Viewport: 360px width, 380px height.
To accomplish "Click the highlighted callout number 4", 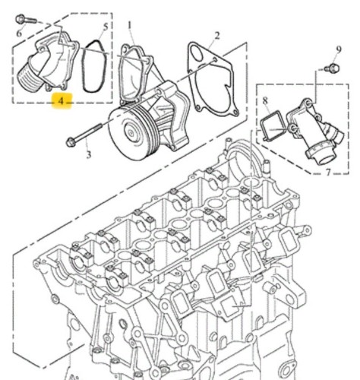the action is coord(61,101).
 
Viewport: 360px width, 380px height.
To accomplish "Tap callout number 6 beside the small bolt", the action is coord(20,33).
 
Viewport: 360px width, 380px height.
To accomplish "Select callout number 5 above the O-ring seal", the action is coord(106,27).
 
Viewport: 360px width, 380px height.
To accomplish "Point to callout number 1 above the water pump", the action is coord(130,26).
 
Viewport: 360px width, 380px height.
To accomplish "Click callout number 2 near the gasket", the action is coord(217,36).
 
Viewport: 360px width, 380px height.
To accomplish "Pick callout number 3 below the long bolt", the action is coord(88,154).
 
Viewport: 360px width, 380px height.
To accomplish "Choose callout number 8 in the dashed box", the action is coord(265,101).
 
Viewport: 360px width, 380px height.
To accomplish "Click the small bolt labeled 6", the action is coord(26,20).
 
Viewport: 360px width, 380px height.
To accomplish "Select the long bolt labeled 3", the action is coord(84,134).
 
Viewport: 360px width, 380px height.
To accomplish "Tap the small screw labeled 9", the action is coord(332,68).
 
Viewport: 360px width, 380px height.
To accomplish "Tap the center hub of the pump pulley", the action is coord(131,133).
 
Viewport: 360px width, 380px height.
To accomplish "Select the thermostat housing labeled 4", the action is coord(48,62).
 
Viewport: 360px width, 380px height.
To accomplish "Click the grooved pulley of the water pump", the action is coord(134,132).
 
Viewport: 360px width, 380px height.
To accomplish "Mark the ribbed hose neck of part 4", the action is coord(29,78).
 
